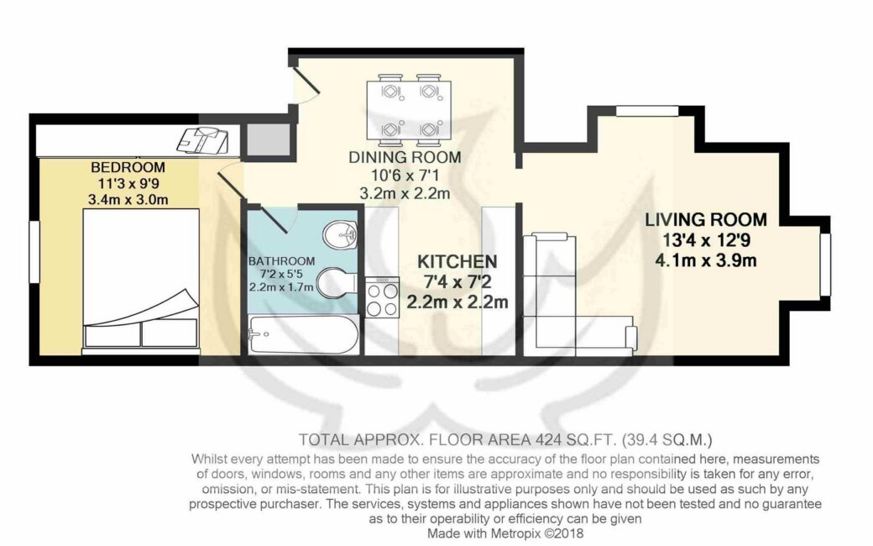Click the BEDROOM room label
pos(128,167)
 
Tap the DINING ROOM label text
pos(405,158)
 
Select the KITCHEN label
pos(457,261)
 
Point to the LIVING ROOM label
pos(706,219)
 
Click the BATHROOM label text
pos(282,260)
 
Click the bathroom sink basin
pos(340,234)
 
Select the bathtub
pos(303,334)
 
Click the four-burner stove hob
pos(383,297)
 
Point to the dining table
pos(409,110)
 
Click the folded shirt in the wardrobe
pos(202,139)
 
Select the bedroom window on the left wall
pos(34,251)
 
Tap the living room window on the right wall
pos(826,264)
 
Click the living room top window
pos(647,111)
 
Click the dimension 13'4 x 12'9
pos(706,240)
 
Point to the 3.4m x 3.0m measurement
pos(128,199)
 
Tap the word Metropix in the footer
pos(515,533)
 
